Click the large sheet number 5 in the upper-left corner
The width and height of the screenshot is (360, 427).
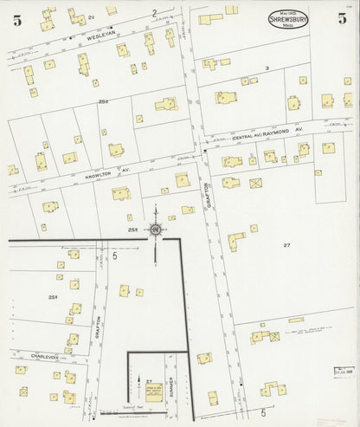(x=16, y=21)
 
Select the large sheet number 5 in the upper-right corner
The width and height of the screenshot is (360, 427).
(x=343, y=18)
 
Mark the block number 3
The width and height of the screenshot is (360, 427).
(x=267, y=67)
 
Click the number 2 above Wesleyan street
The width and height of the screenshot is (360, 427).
(x=154, y=13)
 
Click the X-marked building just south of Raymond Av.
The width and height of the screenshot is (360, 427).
(x=255, y=183)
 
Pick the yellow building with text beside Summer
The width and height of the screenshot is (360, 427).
(x=153, y=391)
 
